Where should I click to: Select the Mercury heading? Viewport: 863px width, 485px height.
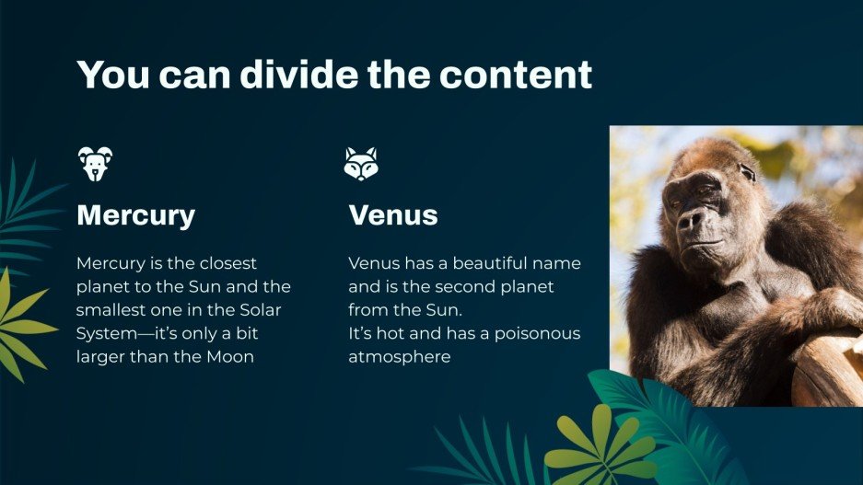pos(136,215)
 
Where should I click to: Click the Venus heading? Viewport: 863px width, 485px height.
pos(393,215)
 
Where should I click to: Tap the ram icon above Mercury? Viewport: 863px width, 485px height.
pos(95,163)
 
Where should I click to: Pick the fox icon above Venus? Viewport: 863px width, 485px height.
pos(361,163)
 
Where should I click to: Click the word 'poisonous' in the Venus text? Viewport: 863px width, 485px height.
pos(541,333)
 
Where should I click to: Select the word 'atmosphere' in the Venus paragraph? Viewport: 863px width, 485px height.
pos(400,356)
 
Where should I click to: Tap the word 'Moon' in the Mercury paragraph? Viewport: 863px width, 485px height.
pos(228,356)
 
